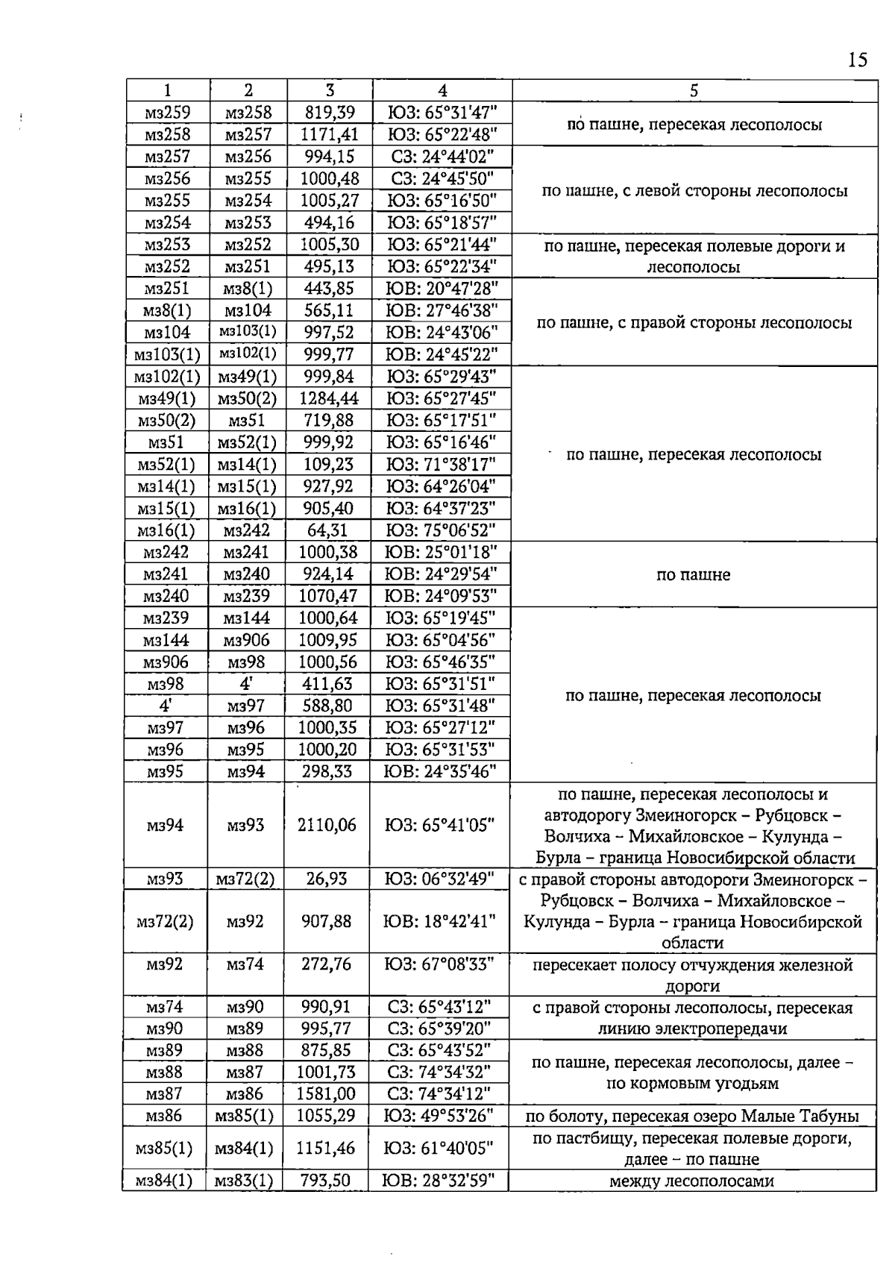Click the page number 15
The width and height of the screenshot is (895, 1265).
857,60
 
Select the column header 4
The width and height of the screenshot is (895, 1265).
442,90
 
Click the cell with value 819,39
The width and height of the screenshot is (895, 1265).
329,113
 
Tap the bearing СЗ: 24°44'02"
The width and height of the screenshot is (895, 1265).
441,157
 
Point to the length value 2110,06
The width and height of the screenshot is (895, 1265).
327,825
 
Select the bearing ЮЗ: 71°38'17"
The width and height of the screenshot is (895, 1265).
441,465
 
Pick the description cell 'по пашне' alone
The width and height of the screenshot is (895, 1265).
693,575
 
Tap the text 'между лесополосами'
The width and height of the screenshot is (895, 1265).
691,1181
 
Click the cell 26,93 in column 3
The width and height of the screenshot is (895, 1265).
327,879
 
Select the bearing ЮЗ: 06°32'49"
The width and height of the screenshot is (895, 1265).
439,879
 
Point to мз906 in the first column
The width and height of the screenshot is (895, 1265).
166,662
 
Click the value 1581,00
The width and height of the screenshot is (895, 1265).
326,1094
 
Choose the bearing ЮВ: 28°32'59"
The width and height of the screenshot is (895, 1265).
439,1181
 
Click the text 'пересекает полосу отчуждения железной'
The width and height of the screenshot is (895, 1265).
692,965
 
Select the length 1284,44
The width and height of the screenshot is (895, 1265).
328,398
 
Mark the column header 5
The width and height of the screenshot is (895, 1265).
694,90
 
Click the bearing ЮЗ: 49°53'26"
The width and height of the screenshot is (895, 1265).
439,1117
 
